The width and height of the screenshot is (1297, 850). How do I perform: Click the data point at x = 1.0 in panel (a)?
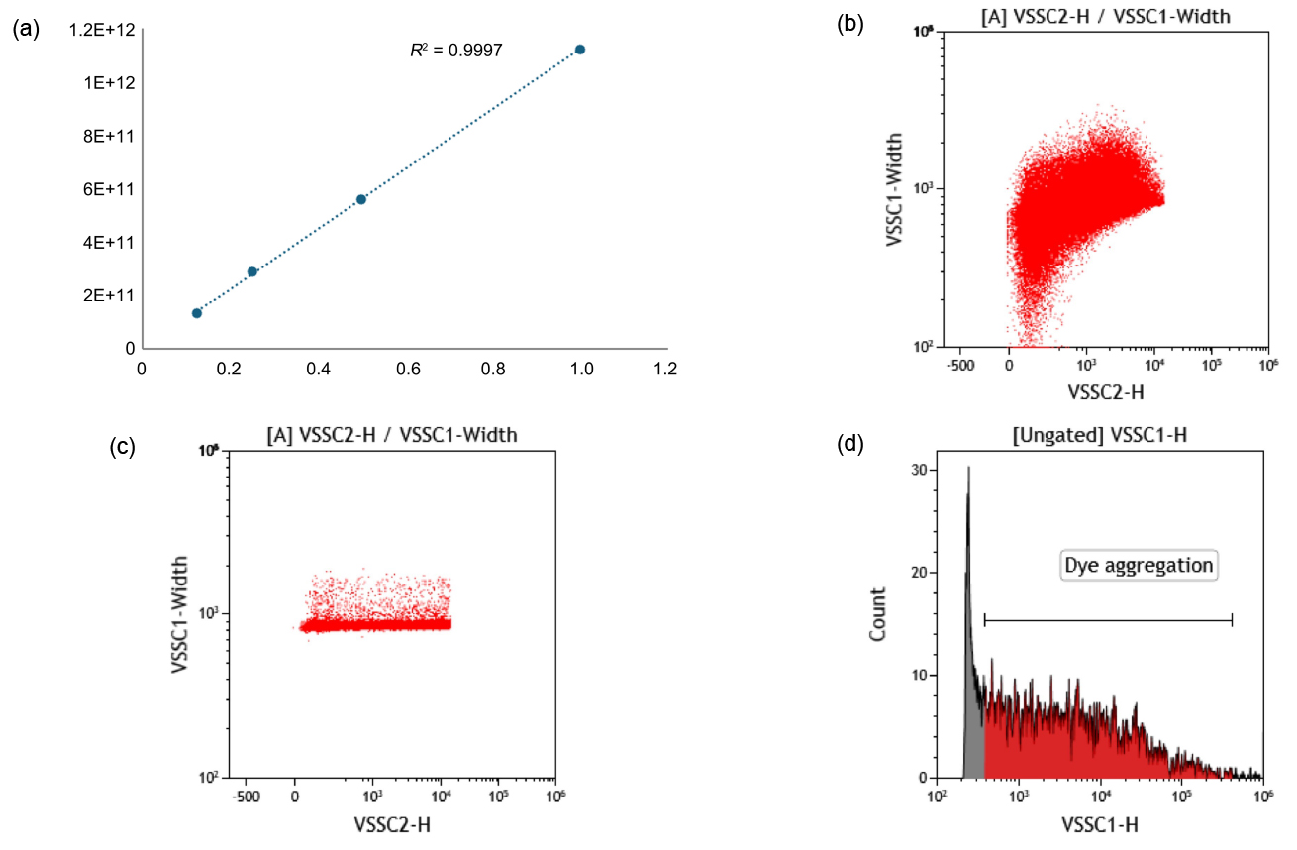pos(580,50)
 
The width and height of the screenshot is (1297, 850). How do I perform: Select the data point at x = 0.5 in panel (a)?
pos(361,199)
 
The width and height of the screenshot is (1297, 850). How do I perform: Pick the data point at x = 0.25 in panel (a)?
pos(252,271)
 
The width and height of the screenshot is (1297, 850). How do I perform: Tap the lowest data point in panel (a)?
pos(197,313)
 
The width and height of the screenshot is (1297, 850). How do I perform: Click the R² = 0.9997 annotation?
pos(456,50)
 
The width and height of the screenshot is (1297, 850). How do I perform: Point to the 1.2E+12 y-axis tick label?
pos(102,30)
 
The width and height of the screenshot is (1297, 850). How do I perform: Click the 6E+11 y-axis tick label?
pos(109,189)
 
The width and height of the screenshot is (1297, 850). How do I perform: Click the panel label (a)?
pos(26,29)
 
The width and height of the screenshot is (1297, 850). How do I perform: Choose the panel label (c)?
pos(125,447)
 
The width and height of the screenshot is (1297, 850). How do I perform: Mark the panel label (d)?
pos(850,445)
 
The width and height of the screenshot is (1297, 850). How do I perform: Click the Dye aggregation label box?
pos(1139,566)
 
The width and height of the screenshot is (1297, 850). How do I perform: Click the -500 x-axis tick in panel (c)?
pos(245,797)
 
